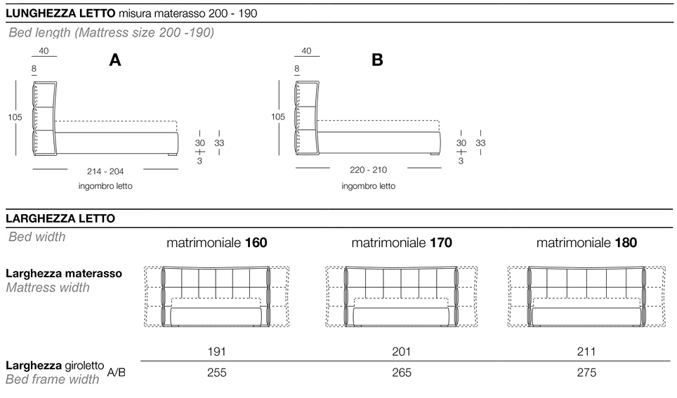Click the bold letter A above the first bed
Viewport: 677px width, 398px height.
[x=115, y=61]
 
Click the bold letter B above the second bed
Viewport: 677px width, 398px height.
[x=377, y=61]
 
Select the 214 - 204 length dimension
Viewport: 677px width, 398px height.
[x=105, y=171]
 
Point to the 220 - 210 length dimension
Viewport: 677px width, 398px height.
[x=369, y=170]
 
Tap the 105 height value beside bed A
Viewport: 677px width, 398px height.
[x=15, y=117]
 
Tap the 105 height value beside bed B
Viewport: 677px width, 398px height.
[x=277, y=117]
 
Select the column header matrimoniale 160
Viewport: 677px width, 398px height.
[x=216, y=244]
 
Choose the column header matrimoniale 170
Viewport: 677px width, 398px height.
[x=401, y=244]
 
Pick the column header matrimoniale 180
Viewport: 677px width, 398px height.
[x=586, y=244]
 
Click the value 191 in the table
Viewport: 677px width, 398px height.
[x=216, y=351]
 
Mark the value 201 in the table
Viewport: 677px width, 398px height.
[x=401, y=351]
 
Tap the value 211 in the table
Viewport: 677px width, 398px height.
[x=586, y=351]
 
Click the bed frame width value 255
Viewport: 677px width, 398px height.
[x=216, y=373]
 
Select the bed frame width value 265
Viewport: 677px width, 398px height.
[x=401, y=373]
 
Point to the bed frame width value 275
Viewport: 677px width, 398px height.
[x=586, y=373]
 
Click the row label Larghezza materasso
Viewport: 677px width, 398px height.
[x=64, y=273]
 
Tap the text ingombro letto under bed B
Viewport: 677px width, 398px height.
[x=369, y=187]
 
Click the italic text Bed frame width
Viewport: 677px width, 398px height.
[x=53, y=380]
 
